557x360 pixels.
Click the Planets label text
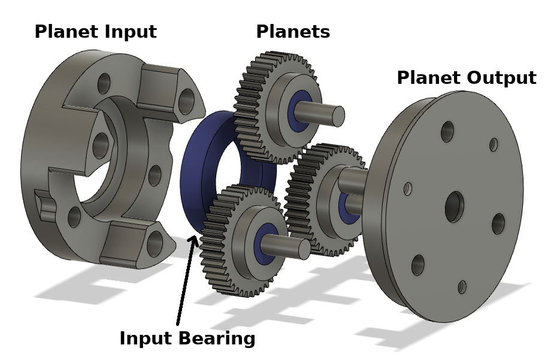[293, 32]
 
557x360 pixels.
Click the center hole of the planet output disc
[454, 207]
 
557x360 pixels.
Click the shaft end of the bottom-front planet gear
[304, 248]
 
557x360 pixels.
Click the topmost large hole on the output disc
[447, 131]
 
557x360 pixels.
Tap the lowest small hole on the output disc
[462, 287]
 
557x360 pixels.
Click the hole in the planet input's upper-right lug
[186, 101]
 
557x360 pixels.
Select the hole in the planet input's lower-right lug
[155, 243]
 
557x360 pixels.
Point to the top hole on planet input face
[104, 83]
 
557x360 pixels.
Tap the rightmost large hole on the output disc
[498, 223]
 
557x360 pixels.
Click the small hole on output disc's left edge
[408, 189]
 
